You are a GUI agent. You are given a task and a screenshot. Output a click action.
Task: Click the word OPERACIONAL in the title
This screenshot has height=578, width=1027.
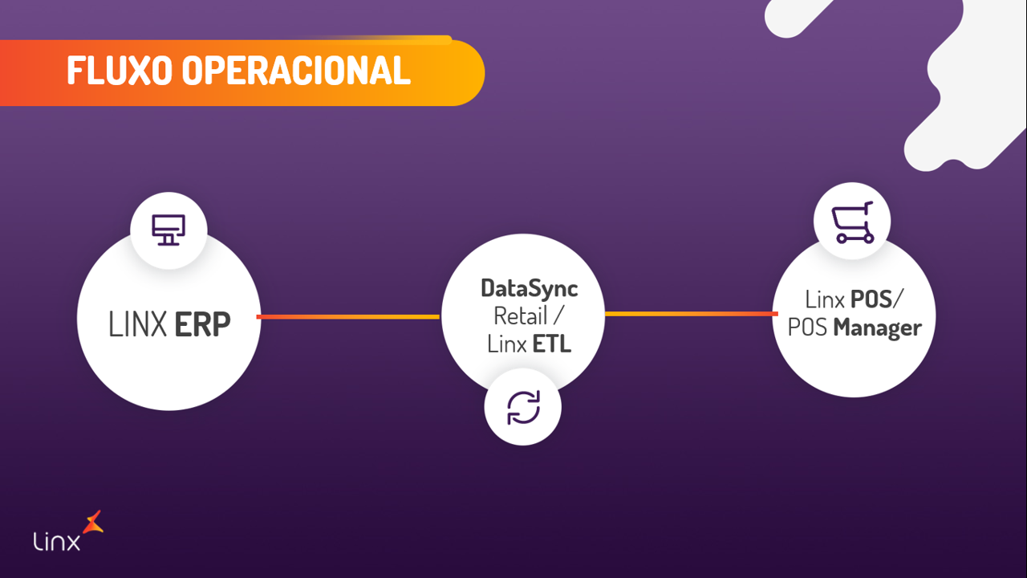[296, 71]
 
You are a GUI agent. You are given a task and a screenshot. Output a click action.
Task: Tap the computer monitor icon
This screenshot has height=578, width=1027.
[168, 230]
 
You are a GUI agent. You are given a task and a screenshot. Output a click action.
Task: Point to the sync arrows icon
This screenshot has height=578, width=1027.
[523, 407]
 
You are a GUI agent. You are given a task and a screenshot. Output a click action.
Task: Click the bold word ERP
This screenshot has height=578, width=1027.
[203, 324]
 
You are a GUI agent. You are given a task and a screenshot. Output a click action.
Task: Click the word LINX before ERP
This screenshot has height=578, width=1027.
[138, 324]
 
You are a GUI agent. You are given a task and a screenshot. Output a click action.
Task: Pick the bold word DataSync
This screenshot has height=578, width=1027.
[530, 287]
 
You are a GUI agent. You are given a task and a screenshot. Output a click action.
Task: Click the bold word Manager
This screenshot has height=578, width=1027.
[877, 328]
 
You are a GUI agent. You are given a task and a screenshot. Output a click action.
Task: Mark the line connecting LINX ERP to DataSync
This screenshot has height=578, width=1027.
[348, 317]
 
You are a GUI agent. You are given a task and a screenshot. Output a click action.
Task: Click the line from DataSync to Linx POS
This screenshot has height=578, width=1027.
[691, 314]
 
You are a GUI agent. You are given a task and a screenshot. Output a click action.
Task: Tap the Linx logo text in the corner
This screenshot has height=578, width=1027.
[57, 542]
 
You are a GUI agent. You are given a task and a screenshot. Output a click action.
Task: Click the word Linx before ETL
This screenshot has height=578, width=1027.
[505, 344]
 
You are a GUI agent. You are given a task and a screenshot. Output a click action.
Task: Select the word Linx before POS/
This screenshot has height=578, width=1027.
[824, 299]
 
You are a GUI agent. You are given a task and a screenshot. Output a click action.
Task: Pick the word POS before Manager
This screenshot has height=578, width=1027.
[808, 328]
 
